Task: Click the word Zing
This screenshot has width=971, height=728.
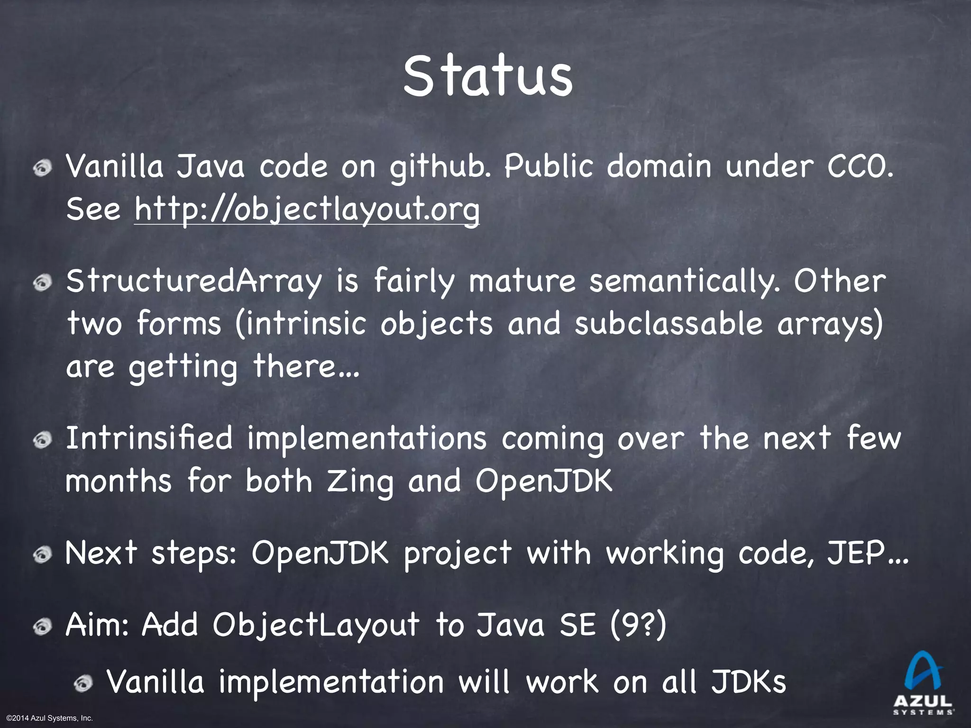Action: pos(360,482)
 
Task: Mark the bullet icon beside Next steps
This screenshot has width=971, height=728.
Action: pos(43,554)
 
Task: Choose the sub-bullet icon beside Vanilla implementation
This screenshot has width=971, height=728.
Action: pos(84,683)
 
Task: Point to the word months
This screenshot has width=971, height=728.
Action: pos(118,482)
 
